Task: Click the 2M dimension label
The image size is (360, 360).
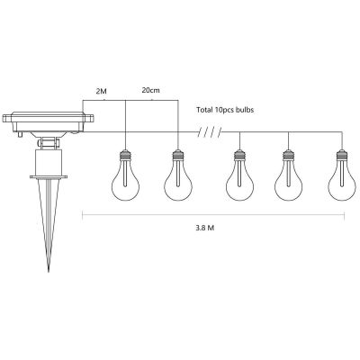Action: [x=100, y=92]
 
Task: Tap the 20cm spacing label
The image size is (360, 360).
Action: [x=149, y=92]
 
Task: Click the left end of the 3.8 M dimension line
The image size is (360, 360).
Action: [x=83, y=213]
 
